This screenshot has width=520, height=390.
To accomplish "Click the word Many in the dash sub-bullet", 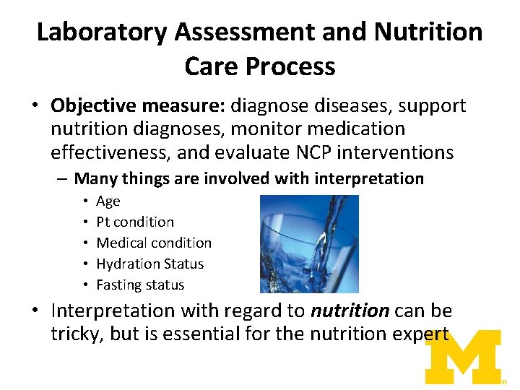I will pyautogui.click(x=95, y=178).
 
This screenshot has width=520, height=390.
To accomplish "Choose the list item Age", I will pyautogui.click(x=108, y=201).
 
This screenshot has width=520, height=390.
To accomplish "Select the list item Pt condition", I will pyautogui.click(x=135, y=222).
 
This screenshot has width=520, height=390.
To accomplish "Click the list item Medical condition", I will pyautogui.click(x=154, y=243).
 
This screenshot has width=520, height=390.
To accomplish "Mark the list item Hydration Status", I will pyautogui.click(x=150, y=264).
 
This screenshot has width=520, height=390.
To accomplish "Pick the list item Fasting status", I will pyautogui.click(x=140, y=285).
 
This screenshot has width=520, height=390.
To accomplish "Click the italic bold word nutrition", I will pyautogui.click(x=350, y=311).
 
